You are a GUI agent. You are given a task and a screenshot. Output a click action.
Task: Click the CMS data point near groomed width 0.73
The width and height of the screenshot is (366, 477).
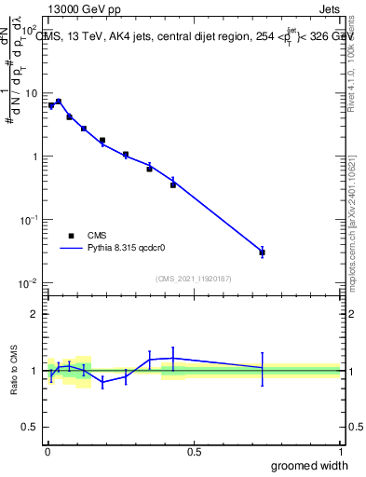(262, 252)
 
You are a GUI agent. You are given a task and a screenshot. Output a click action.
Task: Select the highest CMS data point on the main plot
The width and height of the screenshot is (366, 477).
(59, 102)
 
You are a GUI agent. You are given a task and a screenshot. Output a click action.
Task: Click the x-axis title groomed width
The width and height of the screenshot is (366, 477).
(309, 465)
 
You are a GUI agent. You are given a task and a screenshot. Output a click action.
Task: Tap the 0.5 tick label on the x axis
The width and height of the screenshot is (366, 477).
(193, 451)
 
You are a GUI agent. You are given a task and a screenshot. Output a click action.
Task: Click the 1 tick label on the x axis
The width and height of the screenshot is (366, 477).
(340, 451)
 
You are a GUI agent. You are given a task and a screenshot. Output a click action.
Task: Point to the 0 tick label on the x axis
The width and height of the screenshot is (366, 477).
(47, 451)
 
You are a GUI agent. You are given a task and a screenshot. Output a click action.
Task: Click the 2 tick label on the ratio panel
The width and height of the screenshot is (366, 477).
(34, 314)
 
